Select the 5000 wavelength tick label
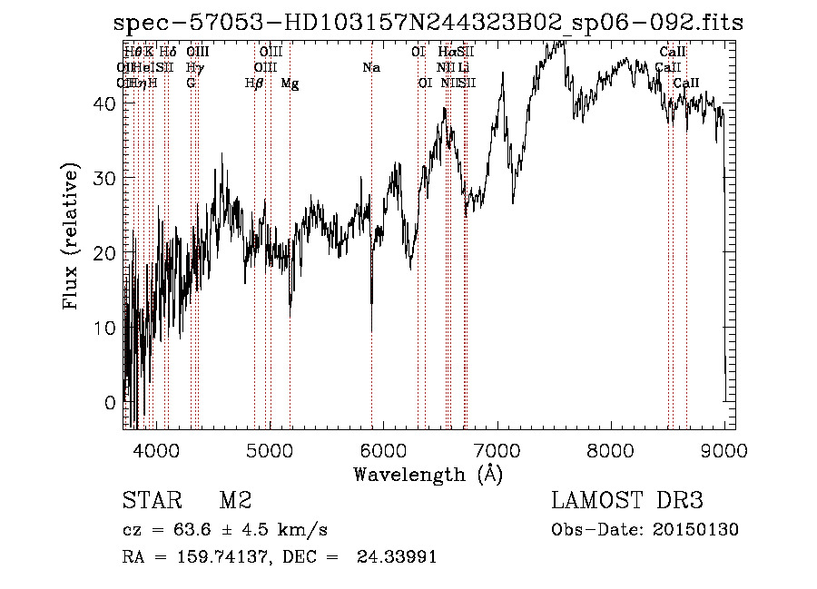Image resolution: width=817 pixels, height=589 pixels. pyautogui.click(x=269, y=449)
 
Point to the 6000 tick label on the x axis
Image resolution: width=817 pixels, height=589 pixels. pyautogui.click(x=382, y=449)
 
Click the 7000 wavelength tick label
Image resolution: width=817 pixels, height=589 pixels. pyautogui.click(x=497, y=449)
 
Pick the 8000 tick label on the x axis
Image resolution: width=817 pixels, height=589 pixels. pyautogui.click(x=610, y=449)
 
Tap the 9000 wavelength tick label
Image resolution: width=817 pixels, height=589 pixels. pyautogui.click(x=723, y=449)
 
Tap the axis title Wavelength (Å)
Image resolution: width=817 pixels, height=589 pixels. pyautogui.click(x=428, y=474)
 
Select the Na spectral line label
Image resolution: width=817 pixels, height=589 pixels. pyautogui.click(x=370, y=68)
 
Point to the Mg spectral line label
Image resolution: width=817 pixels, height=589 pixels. pyautogui.click(x=290, y=83)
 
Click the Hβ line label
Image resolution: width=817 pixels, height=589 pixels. pyautogui.click(x=254, y=83)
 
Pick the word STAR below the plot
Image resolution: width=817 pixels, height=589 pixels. pyautogui.click(x=150, y=501)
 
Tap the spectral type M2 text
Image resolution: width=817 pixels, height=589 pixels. pyautogui.click(x=235, y=501)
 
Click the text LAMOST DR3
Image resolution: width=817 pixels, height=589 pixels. pyautogui.click(x=627, y=501)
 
